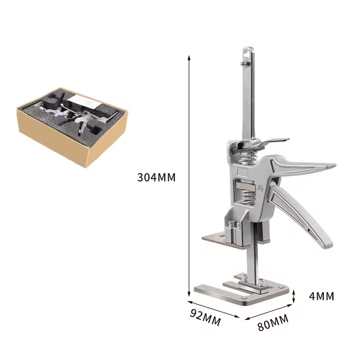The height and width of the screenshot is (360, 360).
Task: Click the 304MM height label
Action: pyautogui.click(x=156, y=177)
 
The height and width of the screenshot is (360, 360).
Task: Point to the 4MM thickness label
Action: pyautogui.click(x=321, y=296)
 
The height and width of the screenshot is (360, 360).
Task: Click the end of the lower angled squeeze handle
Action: pyautogui.click(x=326, y=243)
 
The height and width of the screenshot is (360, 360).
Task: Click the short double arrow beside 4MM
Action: pyautogui.click(x=295, y=295)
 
